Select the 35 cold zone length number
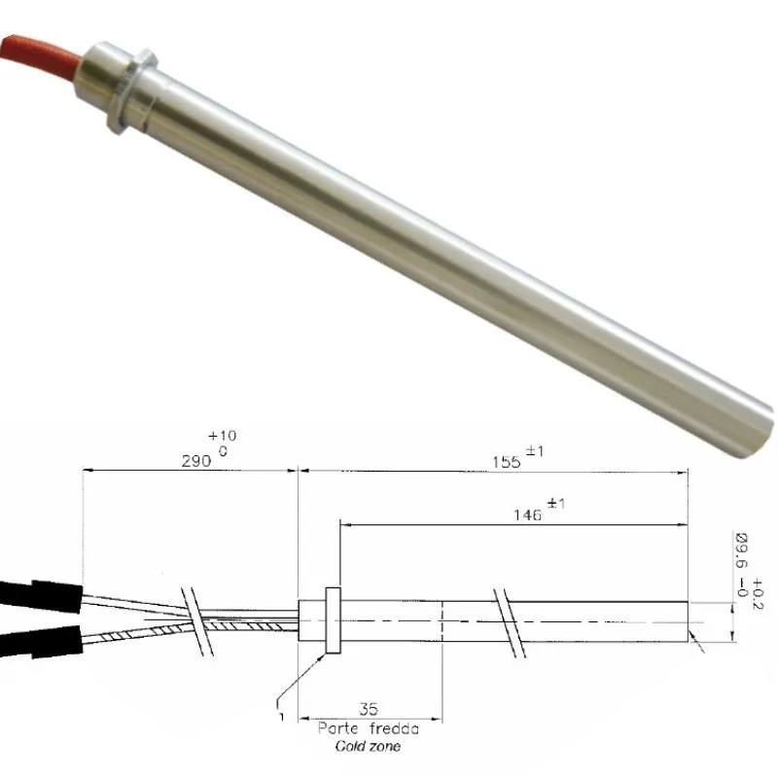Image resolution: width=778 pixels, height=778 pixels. coord(369,711)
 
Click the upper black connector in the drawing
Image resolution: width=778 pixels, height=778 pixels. coord(39,592)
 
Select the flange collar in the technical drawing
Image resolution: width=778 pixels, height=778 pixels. coord(333,619)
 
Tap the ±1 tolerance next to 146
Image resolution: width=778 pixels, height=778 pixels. coord(557,504)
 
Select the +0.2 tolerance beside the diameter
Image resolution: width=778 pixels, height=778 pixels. coord(760,589)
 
